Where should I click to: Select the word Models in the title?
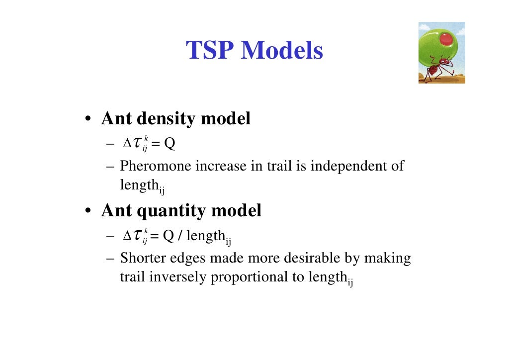(282, 51)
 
